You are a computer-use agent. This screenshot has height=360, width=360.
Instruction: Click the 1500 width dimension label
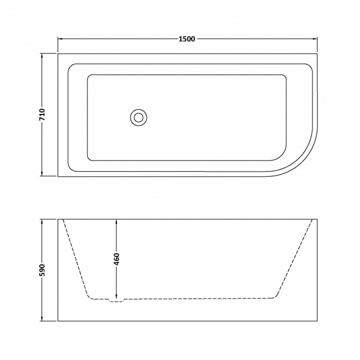(x=187, y=39)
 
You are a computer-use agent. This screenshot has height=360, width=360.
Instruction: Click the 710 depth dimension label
(x=42, y=115)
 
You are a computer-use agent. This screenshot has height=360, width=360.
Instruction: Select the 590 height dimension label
(x=42, y=270)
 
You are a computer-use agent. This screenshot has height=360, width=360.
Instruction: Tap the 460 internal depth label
(x=116, y=259)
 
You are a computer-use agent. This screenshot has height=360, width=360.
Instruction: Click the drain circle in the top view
(x=138, y=117)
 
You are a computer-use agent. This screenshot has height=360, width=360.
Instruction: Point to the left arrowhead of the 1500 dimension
(x=61, y=39)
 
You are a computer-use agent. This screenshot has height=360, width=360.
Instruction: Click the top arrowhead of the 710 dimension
(x=42, y=55)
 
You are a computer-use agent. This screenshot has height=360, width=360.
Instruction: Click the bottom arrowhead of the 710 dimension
(x=42, y=174)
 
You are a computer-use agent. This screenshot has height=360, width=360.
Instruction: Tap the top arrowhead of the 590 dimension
(x=42, y=222)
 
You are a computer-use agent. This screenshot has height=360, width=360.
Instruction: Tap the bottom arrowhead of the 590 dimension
(x=42, y=320)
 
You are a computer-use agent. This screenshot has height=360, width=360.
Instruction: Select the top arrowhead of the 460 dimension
(x=116, y=222)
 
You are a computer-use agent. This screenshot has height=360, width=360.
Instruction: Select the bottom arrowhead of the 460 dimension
(x=116, y=297)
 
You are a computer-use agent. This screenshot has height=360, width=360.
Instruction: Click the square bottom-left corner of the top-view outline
(x=58, y=177)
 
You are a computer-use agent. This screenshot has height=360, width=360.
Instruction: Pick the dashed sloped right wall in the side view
(x=294, y=259)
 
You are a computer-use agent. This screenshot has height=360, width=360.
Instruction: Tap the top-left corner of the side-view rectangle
(x=58, y=219)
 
